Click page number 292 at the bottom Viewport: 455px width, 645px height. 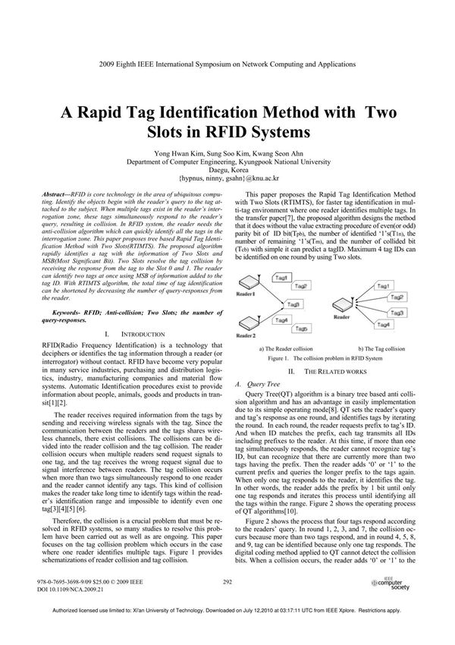tap(227, 581)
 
